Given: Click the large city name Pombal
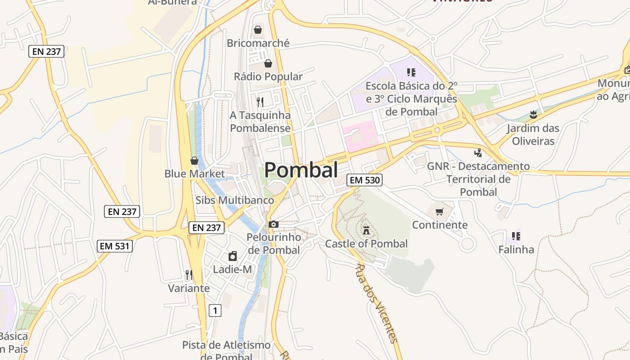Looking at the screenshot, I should [301, 170].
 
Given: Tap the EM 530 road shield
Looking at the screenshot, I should [365, 180].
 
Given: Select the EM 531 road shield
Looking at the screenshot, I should [115, 246].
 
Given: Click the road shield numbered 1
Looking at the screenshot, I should [216, 310].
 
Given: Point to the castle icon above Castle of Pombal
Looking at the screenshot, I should [366, 230].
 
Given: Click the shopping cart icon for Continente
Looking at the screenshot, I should [439, 211].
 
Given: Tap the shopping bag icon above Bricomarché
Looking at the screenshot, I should [258, 30].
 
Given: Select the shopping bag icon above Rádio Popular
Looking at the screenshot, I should [268, 63].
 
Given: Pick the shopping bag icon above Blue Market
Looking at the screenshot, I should [194, 161].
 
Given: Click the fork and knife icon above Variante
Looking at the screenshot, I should [189, 274].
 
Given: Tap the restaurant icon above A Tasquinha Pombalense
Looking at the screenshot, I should [260, 102].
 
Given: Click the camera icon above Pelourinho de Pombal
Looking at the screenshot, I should [273, 224].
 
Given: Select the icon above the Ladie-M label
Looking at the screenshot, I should [233, 256].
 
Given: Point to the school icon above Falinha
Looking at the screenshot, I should [516, 236].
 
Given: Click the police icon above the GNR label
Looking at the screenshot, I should [478, 153].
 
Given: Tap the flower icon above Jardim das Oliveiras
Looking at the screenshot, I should [533, 115].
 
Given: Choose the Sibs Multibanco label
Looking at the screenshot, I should [235, 200].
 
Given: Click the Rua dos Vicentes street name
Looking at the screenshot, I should [377, 303].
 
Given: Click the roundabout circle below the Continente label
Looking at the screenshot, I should [468, 244].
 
